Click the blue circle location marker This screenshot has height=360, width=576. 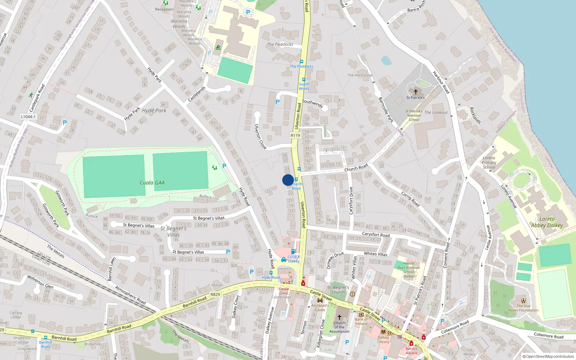tap(288, 180)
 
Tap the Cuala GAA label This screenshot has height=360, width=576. tap(152, 183)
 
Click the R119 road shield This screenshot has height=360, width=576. tap(295, 135)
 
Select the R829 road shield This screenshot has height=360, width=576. tap(215, 294)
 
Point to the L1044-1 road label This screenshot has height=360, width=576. tap(28, 117)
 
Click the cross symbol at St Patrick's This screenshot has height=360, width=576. tap(416, 92)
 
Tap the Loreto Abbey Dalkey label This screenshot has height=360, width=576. tap(547, 222)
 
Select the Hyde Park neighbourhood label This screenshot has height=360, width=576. tap(154, 111)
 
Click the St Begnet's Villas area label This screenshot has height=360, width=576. tap(174, 231)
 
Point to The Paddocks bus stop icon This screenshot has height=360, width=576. tap(302, 62)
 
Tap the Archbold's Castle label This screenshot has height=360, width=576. tap(320, 307)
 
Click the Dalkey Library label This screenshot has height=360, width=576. tap(383, 339)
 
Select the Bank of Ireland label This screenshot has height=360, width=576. tap(361, 321)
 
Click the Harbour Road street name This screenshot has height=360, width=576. tap(441, 82)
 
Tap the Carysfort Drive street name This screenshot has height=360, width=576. tap(351, 201)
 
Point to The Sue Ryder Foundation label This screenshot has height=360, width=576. tap(523, 308)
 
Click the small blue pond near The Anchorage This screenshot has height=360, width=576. tap(386, 60)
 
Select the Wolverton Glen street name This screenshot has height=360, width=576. tap(40, 282)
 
